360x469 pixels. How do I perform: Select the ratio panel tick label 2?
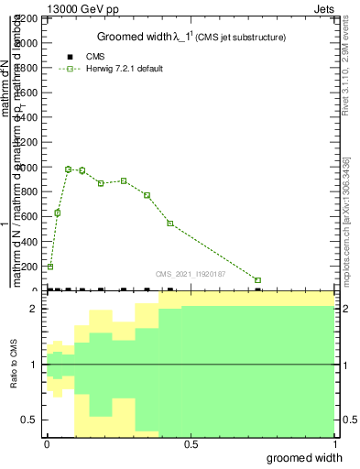click(34, 309)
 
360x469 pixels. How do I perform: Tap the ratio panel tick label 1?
click(34, 365)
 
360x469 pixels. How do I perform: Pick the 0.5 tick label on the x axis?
click(191, 444)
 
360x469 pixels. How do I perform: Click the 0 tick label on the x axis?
click(47, 444)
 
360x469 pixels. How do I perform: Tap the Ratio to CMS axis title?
click(14, 365)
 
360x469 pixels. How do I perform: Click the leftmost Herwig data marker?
click(50, 267)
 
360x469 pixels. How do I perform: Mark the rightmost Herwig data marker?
click(258, 280)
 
